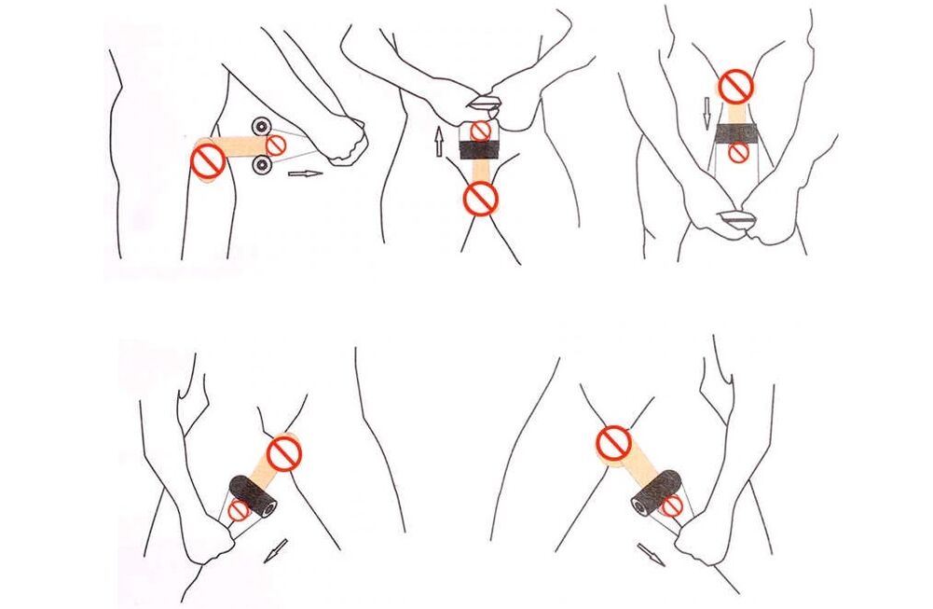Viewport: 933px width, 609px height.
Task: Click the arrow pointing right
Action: pos(305,173)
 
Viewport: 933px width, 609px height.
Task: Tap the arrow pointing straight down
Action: pos(707,113)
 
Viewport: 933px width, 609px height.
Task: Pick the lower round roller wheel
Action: pos(262,166)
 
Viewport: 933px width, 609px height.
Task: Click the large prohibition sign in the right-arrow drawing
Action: pos(208,161)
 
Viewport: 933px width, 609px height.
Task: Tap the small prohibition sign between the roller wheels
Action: pos(277,145)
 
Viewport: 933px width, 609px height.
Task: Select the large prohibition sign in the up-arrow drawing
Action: pos(481,197)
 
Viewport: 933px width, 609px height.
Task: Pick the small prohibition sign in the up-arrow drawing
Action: pos(480,131)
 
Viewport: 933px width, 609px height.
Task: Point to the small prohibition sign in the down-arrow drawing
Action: pos(738,153)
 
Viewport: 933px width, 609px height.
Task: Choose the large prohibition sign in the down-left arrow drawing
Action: pos(283,453)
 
